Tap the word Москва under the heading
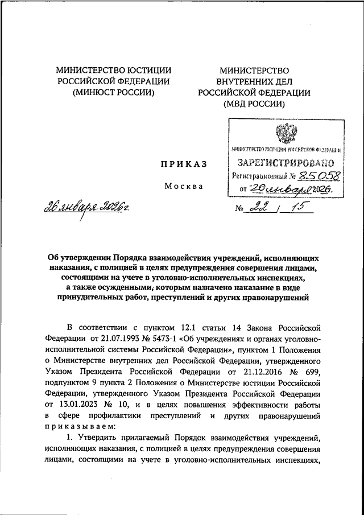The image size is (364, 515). [184, 186]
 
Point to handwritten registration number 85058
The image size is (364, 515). [308, 176]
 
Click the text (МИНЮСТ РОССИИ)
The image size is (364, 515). [113, 93]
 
